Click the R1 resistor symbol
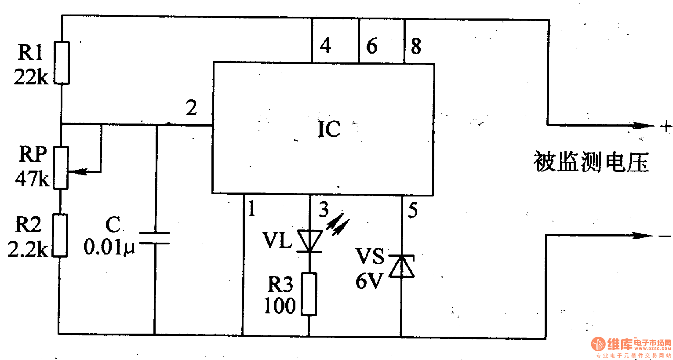[62, 62]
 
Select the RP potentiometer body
[61, 167]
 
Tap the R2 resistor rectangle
[60, 235]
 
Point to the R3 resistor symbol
[309, 294]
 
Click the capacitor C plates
[154, 238]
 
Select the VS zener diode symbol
[402, 266]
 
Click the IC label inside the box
[329, 129]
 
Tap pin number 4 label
[325, 45]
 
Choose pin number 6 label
[372, 46]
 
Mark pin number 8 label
[416, 46]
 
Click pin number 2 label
[191, 108]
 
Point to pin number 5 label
[413, 211]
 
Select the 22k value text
[31, 77]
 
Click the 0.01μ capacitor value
[109, 247]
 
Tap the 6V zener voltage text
[369, 281]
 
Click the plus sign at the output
[666, 127]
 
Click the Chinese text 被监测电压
[591, 162]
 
